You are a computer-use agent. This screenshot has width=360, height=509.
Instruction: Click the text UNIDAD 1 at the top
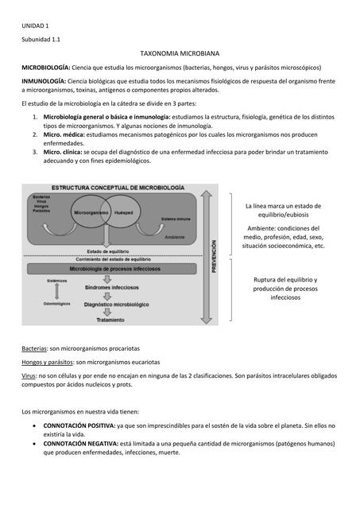35,26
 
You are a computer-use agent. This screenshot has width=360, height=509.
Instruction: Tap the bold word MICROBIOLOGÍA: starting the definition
46,68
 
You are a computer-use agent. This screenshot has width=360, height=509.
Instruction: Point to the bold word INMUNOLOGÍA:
44,82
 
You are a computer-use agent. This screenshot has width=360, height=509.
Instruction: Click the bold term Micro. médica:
68,135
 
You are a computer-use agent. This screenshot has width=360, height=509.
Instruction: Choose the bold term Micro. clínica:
68,150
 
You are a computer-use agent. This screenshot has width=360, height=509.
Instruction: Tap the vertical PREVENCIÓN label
212,257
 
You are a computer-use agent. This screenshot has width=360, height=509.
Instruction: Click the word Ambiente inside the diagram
174,237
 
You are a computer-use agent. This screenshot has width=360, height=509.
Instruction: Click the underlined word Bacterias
34,348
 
